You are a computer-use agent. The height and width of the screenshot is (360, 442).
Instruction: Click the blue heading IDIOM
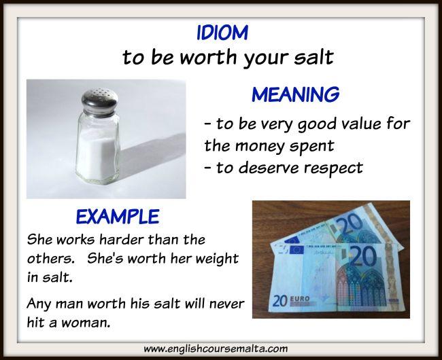[222, 33]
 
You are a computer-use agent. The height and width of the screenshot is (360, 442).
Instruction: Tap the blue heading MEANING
[295, 94]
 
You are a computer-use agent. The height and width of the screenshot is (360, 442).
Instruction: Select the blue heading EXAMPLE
[118, 217]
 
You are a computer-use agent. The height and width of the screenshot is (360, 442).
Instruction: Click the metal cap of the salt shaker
[99, 100]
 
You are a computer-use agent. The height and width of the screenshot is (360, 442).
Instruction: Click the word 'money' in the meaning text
[260, 146]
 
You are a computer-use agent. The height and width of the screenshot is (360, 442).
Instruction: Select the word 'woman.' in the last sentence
[86, 322]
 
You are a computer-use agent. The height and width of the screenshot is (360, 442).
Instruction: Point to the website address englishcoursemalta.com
[216, 349]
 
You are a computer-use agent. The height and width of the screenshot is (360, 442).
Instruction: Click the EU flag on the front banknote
[297, 250]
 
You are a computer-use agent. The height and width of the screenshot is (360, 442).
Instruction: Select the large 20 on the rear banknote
[351, 223]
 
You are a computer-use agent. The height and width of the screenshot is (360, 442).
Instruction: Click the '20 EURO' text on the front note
[291, 301]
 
